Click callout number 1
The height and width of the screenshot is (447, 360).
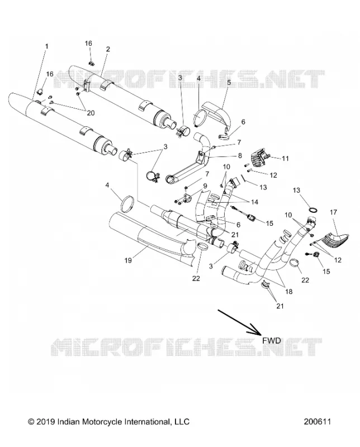click(x=47, y=46)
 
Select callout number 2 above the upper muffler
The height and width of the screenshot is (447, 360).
click(x=108, y=49)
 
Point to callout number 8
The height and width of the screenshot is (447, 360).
click(x=240, y=156)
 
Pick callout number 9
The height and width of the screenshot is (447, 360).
click(x=205, y=186)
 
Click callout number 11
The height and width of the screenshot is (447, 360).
click(x=285, y=159)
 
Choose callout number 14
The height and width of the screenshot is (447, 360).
click(x=254, y=202)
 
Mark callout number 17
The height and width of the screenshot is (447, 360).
click(x=333, y=212)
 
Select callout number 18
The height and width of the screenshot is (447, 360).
click(x=288, y=291)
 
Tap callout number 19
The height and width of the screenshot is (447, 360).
click(x=128, y=260)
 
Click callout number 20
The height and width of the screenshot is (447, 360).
click(x=91, y=113)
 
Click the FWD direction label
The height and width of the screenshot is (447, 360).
click(x=272, y=340)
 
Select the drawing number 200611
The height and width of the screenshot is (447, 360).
click(x=317, y=422)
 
